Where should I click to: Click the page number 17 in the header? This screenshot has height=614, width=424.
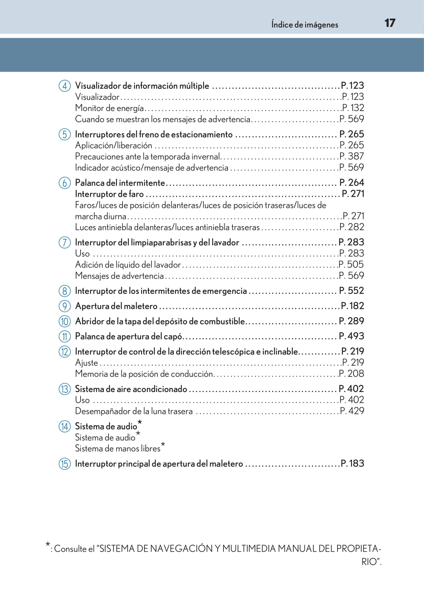[390, 23]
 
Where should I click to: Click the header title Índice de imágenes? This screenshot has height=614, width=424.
[304, 25]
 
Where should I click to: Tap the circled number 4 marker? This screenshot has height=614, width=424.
[65, 86]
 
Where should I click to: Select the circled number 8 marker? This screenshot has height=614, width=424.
[65, 291]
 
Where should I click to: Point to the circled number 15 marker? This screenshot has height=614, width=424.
[65, 464]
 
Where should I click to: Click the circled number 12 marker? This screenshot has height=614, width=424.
[65, 352]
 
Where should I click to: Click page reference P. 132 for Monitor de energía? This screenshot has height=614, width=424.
[353, 108]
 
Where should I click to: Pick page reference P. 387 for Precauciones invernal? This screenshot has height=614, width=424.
[352, 156]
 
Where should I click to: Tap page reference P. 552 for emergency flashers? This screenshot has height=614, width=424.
[352, 291]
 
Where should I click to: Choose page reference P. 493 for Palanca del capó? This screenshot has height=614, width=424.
[352, 336]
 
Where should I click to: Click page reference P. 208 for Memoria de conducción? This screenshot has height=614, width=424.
[352, 373]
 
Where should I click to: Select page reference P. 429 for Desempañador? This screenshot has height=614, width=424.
[352, 411]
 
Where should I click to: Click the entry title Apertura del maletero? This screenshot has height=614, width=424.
[116, 306]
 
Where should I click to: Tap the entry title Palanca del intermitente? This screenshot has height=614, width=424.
[120, 183]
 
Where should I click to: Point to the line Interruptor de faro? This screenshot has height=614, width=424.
[109, 194]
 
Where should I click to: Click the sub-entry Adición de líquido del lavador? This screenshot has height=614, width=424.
[128, 265]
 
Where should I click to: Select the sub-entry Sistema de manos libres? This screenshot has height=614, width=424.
[118, 448]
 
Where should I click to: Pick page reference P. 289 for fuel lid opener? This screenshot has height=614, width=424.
[352, 321]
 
